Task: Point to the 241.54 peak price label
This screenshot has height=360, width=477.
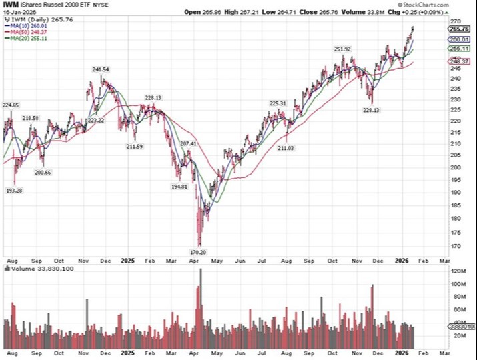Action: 101,69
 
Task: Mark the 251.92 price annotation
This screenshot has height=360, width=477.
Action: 342,49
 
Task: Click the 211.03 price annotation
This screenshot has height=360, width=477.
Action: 286,147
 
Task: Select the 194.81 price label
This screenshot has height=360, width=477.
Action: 179,187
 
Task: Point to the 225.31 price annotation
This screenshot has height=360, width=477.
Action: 278,103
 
